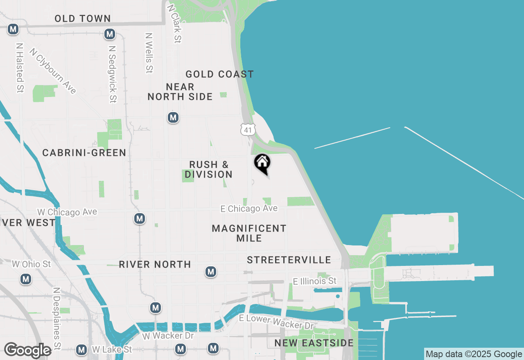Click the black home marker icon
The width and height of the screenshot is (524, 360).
(x=262, y=163)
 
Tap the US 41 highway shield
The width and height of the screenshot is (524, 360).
(x=248, y=130)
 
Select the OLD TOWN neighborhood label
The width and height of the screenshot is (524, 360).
(x=82, y=18)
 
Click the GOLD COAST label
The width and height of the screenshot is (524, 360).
(x=220, y=74)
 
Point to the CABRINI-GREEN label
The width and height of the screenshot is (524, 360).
(x=84, y=153)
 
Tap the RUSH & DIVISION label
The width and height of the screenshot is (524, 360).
(x=208, y=169)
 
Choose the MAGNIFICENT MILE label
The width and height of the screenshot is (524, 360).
(x=249, y=233)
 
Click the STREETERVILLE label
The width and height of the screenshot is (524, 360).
(x=289, y=260)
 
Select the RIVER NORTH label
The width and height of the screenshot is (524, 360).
(x=155, y=264)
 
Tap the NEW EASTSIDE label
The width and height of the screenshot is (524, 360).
(x=314, y=343)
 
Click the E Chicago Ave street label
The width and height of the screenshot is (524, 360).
(x=249, y=209)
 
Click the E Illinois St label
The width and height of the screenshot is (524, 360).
(x=315, y=281)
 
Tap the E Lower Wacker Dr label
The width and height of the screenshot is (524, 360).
(x=276, y=322)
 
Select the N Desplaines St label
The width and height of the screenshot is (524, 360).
(x=56, y=318)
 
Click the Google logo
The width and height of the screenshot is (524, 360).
(x=27, y=350)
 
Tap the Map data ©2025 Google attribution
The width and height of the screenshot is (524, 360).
(x=474, y=354)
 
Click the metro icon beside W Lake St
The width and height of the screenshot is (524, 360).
(x=81, y=350)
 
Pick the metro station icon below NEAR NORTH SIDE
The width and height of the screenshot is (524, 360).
(x=173, y=118)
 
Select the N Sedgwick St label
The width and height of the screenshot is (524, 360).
(x=113, y=74)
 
